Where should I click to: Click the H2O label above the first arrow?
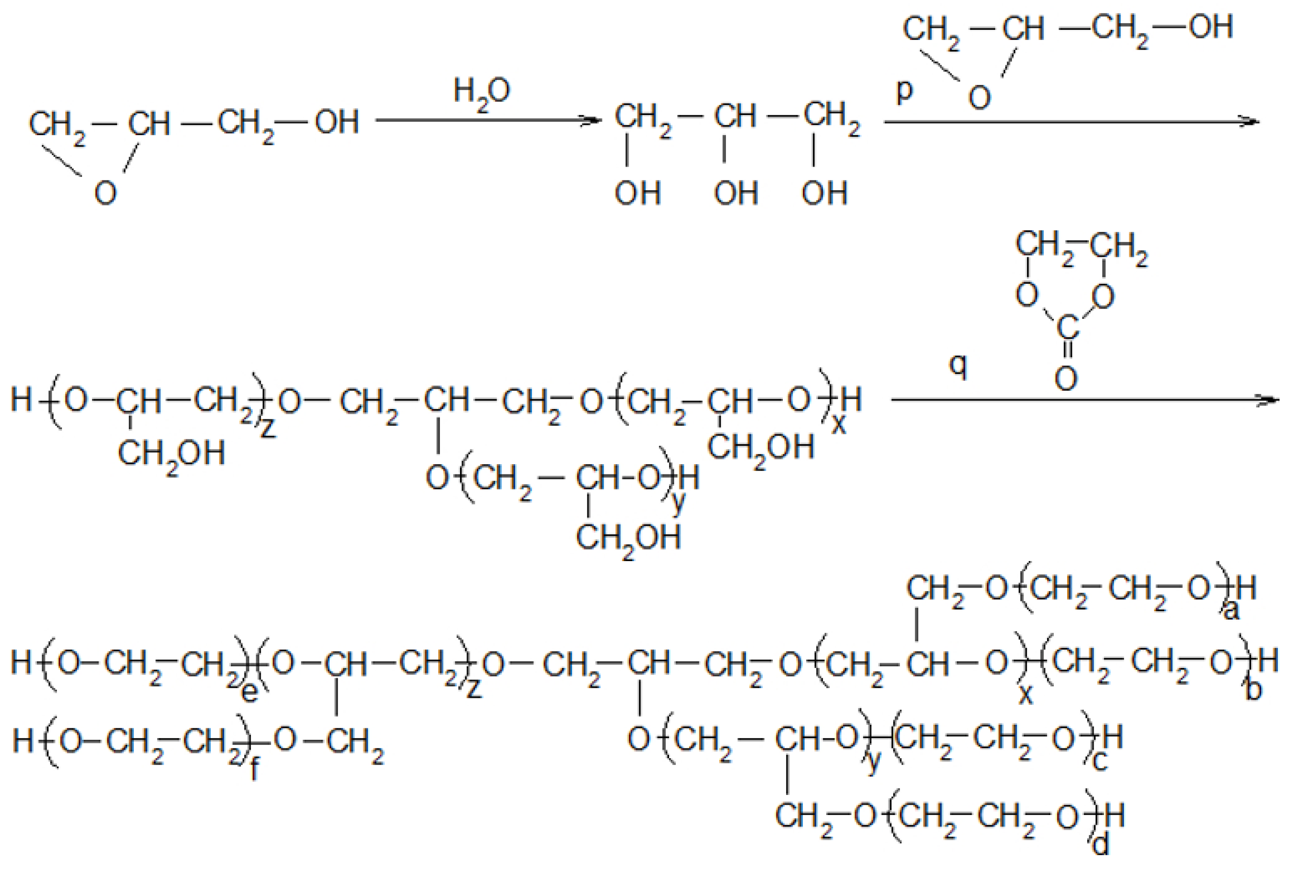[481, 93]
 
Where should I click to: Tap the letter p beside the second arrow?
[904, 91]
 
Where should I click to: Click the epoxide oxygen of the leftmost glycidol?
[106, 193]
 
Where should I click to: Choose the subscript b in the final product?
[1254, 691]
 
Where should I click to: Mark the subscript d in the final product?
[1100, 845]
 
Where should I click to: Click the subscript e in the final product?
[249, 694]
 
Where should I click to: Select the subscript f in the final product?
[254, 769]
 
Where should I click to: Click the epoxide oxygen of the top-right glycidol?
[979, 98]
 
